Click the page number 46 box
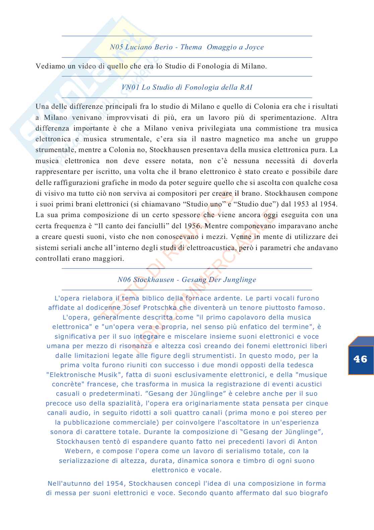pyautogui.click(x=361, y=359)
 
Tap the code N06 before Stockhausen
pyautogui.click(x=124, y=280)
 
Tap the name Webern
pyautogui.click(x=77, y=451)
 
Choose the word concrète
pyautogui.click(x=64, y=384)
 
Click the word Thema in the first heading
pyautogui.click(x=191, y=47)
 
